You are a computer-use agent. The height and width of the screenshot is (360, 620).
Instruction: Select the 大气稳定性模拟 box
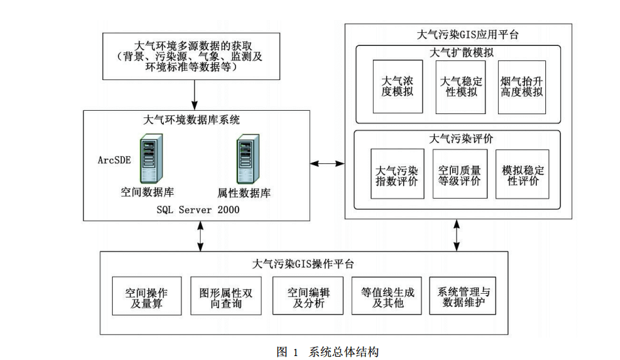click(461, 86)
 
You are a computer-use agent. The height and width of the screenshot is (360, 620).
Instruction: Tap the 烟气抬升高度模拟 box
click(522, 86)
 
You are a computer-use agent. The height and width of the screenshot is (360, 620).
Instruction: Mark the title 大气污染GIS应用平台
click(458, 33)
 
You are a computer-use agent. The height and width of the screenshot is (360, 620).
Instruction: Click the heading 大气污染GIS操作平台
click(303, 264)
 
